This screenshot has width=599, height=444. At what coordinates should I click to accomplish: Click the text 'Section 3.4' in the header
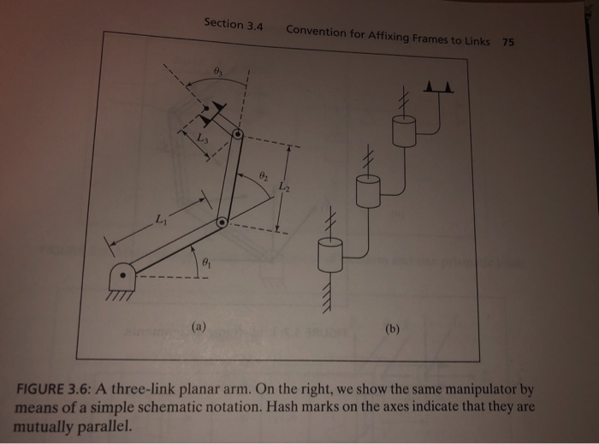pos(233,25)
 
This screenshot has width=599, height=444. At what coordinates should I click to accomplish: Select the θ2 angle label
pos(264,175)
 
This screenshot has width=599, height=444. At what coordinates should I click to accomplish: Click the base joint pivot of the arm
pos(127,276)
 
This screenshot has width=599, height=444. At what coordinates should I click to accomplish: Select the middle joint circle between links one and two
pos(222,222)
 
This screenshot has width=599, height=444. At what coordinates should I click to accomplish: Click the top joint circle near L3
pos(238,135)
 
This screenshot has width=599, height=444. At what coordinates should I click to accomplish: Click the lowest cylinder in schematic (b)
pos(329,255)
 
